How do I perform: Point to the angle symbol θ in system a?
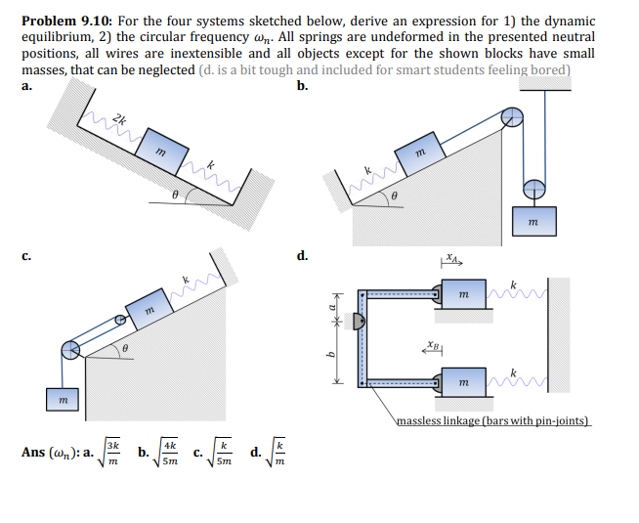pos(173,195)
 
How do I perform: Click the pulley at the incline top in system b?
pos(513,118)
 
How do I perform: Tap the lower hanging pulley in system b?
pos(532,187)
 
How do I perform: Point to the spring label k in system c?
pos(182,280)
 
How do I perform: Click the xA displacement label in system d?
pos(448,260)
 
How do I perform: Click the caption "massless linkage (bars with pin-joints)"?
pos(493,421)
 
